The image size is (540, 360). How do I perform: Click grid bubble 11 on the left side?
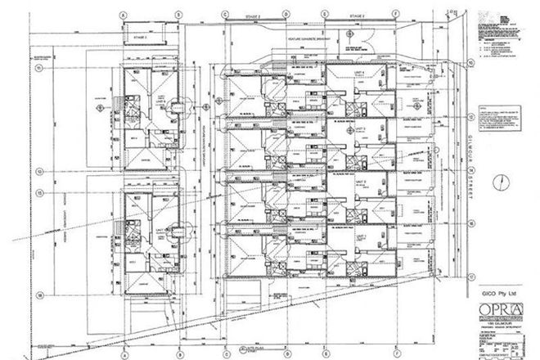tap(38, 69)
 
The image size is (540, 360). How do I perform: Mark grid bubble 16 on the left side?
tap(38, 291)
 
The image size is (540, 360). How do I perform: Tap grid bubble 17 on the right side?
tap(472, 276)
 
